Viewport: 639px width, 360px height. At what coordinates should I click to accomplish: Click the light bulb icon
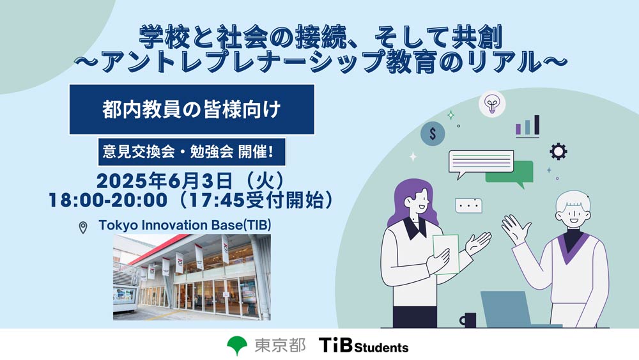point(492,104)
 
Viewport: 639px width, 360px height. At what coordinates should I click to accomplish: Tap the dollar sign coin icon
point(433,133)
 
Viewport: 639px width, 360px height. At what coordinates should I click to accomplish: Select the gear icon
point(558,152)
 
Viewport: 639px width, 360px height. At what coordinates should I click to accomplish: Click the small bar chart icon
point(528,125)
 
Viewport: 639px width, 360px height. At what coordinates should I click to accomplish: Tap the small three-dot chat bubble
point(468,205)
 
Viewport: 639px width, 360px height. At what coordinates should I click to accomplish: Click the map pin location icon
point(82,227)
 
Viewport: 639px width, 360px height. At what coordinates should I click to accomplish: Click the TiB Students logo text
point(364,345)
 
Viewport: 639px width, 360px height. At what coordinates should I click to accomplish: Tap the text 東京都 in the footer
point(280,345)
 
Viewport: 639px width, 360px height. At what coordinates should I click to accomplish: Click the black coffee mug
point(468,320)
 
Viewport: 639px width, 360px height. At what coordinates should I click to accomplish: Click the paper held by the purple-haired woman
point(445,254)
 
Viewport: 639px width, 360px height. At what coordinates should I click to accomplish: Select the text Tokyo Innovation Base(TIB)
point(185,226)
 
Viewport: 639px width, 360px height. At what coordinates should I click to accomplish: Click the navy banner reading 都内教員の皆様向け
point(192,109)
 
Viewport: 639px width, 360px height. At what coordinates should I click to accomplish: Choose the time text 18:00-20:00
point(108,201)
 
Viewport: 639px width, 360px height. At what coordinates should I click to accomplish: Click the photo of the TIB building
point(192,278)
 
